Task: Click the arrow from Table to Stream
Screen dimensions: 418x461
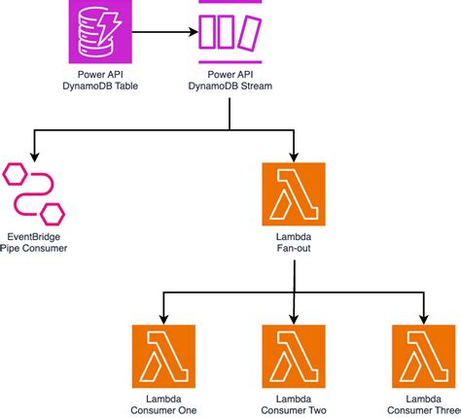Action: coord(163,32)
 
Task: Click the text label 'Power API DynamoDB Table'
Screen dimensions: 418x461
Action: coord(100,81)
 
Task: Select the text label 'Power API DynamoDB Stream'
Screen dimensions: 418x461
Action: coord(230,81)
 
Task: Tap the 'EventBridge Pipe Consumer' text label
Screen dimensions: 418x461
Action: coord(33,242)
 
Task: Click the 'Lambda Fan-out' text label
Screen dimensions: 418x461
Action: coord(294,242)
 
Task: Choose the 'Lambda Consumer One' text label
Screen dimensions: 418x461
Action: coord(163,404)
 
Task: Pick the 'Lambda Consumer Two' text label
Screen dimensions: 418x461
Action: coord(294,404)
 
